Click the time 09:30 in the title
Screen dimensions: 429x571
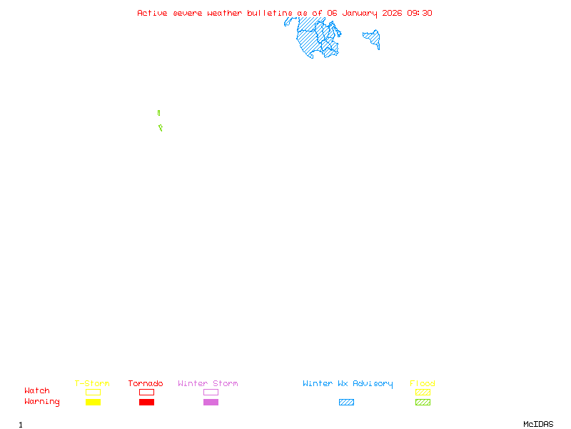click(420, 13)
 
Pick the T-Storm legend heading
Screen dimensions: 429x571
click(92, 383)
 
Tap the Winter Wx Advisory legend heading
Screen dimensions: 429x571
click(348, 383)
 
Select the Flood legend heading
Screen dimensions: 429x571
click(422, 383)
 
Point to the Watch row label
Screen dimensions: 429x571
click(37, 391)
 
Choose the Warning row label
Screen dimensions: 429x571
click(42, 402)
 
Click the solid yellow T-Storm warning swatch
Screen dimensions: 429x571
click(93, 403)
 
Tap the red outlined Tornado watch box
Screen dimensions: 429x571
click(146, 392)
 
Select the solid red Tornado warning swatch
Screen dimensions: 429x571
click(146, 403)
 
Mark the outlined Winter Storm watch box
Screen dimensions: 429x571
click(211, 392)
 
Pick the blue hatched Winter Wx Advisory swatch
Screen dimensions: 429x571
click(346, 403)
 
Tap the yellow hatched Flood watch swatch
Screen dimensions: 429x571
click(423, 392)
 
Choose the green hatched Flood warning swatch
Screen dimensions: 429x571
click(423, 403)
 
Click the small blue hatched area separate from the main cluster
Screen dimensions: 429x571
click(372, 38)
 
